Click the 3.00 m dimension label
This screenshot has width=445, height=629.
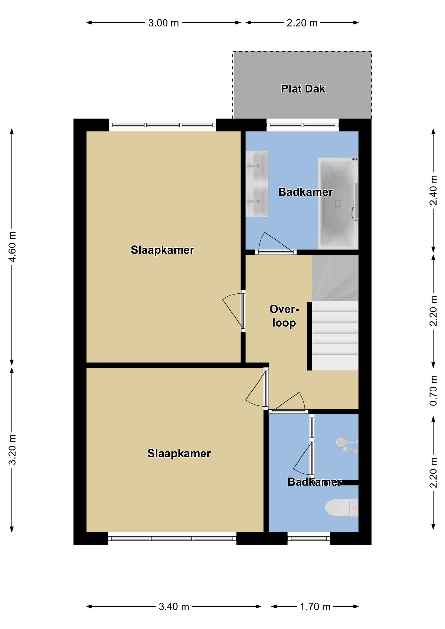point(164,23)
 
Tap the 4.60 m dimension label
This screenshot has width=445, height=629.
point(12,246)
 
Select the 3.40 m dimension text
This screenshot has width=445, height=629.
point(174,607)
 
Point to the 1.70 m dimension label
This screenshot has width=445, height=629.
point(315,607)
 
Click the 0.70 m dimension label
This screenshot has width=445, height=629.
point(433,391)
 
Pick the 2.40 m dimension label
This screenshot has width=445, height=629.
point(433,190)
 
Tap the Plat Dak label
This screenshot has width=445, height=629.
point(303,89)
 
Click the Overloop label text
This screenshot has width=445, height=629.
point(284,316)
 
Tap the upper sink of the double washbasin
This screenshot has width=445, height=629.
point(257,166)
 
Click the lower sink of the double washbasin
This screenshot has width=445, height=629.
point(257,201)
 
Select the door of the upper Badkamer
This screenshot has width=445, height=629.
point(276,243)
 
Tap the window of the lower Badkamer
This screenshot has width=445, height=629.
point(309,538)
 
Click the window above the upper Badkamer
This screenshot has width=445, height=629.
point(302,125)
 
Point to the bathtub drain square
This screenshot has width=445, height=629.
point(338,203)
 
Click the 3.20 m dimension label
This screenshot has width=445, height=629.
point(12,449)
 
